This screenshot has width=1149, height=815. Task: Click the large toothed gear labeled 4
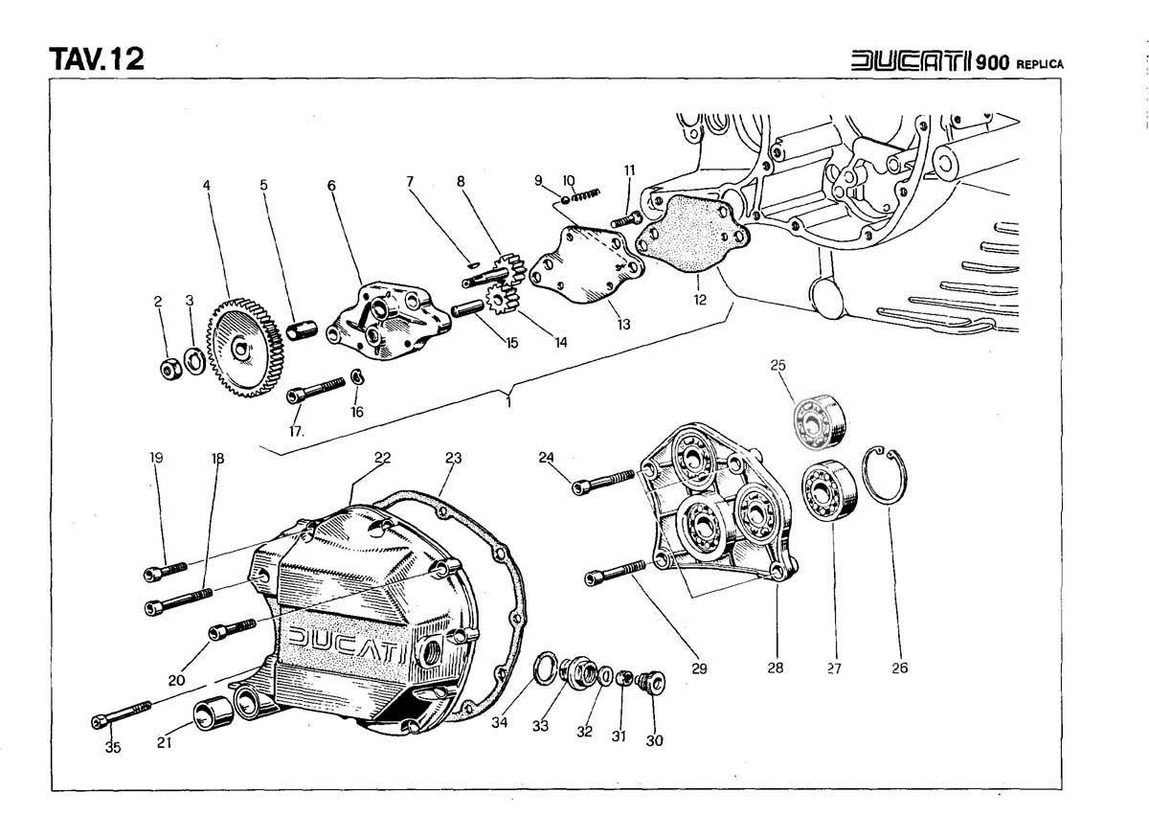pyautogui.click(x=244, y=347)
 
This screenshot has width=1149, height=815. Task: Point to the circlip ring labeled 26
pyautogui.click(x=887, y=475)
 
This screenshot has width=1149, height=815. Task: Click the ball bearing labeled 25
pyautogui.click(x=817, y=419)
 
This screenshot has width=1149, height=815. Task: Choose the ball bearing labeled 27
pyautogui.click(x=827, y=491)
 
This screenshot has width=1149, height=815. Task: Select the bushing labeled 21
pyautogui.click(x=210, y=714)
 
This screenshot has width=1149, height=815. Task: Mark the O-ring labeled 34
pyautogui.click(x=545, y=667)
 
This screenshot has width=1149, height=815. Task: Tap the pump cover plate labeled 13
pyautogui.click(x=578, y=267)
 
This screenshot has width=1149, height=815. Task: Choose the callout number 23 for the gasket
pyautogui.click(x=453, y=459)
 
